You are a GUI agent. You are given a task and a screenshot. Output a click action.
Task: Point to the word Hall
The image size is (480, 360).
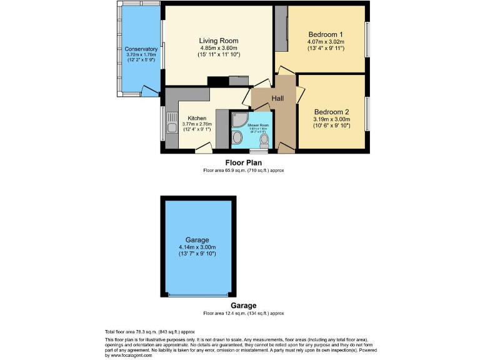click(x=278, y=99)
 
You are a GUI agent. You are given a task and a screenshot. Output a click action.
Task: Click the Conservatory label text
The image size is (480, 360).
click(x=141, y=49)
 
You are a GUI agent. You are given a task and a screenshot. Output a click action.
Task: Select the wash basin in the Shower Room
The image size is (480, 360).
click(x=237, y=138)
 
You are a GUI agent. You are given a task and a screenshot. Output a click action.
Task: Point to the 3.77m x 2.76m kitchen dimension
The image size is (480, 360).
click(x=197, y=124)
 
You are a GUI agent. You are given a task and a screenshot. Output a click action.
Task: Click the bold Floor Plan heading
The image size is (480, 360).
click(x=243, y=162)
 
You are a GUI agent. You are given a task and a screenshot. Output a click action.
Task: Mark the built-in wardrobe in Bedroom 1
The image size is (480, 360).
click(x=281, y=29)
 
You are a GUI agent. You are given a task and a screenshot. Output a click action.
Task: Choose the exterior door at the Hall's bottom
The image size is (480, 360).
click(x=286, y=147)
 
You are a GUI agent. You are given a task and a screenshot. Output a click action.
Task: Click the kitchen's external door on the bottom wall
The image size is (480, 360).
click(x=202, y=149)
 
